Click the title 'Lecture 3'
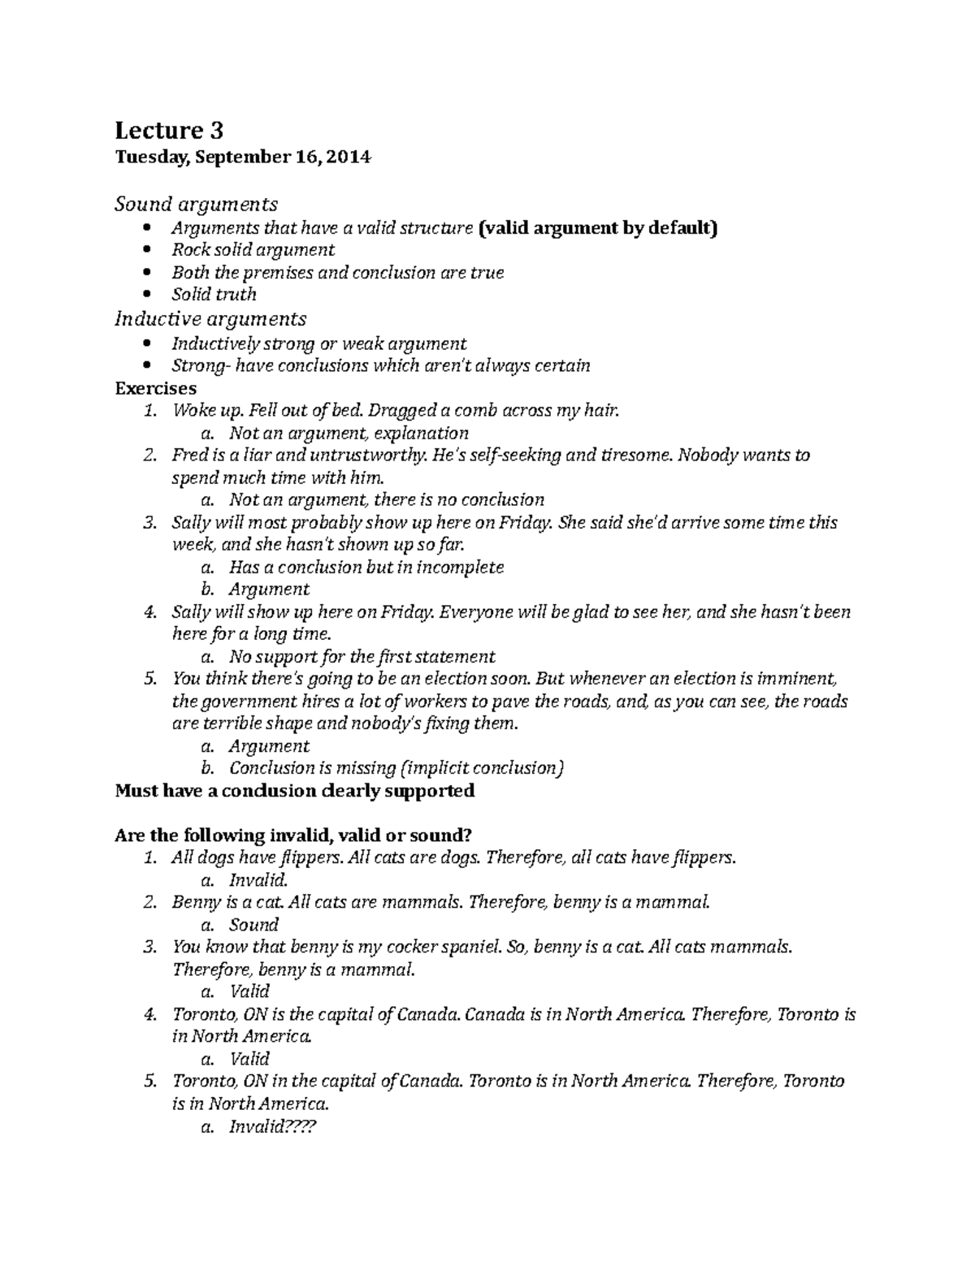(169, 130)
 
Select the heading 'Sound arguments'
(196, 203)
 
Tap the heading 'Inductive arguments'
(210, 318)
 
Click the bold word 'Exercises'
(156, 388)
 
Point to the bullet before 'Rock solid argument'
(146, 250)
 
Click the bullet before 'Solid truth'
(146, 295)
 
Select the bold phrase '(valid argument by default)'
(599, 227)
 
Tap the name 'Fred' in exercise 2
(188, 455)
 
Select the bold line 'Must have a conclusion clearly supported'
(295, 790)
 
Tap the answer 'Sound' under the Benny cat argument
(253, 924)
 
